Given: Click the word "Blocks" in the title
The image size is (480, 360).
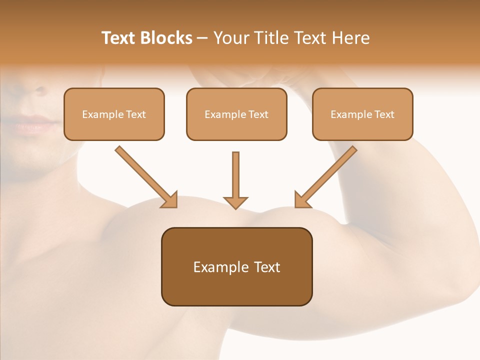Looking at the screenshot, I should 167,38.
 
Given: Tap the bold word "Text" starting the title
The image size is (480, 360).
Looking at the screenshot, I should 120,38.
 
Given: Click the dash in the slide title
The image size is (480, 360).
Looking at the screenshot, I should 202,38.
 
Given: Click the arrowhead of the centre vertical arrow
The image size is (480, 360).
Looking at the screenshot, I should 235,202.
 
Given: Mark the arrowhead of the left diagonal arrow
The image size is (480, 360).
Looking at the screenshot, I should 170,200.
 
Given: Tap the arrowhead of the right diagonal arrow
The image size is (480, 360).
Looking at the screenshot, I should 301,200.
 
